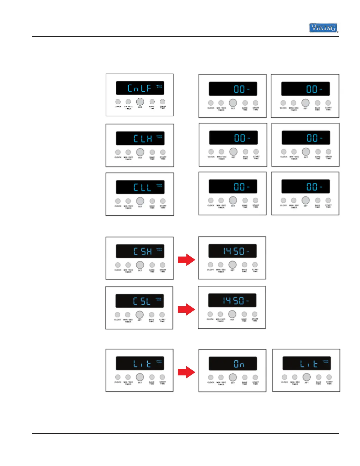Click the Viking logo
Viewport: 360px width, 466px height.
(x=323, y=28)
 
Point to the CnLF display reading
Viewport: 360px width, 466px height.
(x=139, y=88)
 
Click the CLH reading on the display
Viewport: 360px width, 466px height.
(x=143, y=139)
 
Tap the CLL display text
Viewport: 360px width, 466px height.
(x=142, y=187)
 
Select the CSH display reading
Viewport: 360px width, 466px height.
(x=143, y=252)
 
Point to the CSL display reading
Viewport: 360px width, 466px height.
(x=142, y=301)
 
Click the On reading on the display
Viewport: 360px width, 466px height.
(x=239, y=364)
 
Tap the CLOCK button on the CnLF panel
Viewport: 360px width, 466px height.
(x=118, y=102)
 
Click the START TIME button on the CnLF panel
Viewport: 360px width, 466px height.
(x=162, y=101)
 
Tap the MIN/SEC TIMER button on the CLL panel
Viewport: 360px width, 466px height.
(x=128, y=201)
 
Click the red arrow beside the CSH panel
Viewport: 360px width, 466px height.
(x=186, y=260)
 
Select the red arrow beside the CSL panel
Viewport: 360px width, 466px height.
(x=186, y=309)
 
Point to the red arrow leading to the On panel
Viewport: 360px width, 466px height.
(x=186, y=372)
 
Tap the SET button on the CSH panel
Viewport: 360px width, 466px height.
(x=140, y=265)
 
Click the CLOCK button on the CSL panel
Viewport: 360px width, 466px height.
(x=117, y=314)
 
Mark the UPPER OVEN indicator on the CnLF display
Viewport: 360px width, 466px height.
(x=159, y=86)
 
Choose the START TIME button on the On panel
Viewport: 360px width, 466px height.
(x=255, y=377)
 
